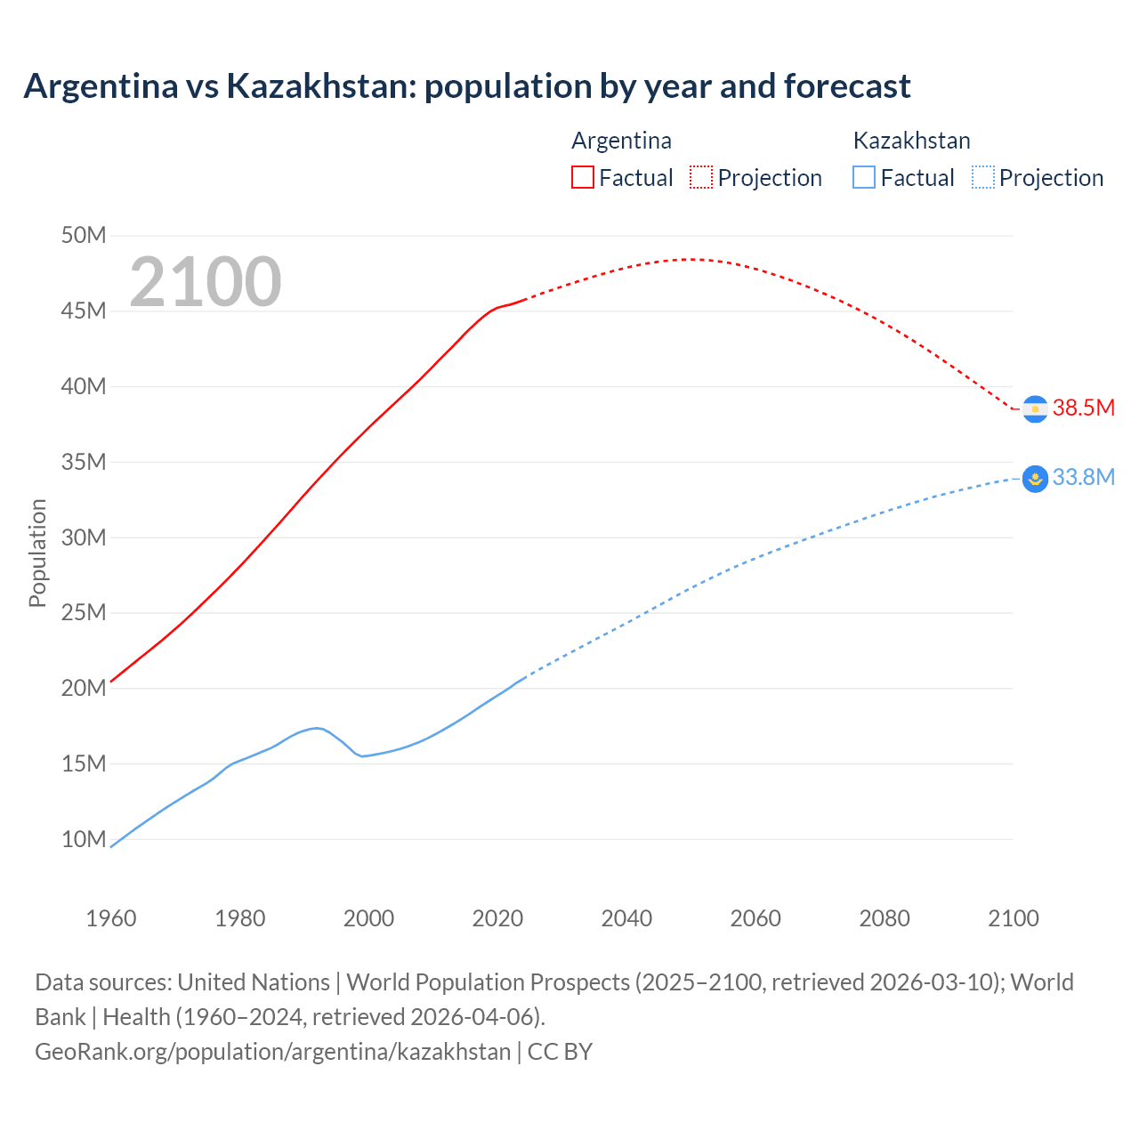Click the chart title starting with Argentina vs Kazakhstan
point(466,86)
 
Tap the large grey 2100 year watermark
point(206,282)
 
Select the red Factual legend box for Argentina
point(582,178)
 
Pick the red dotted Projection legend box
point(701,178)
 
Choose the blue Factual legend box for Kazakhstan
point(864,178)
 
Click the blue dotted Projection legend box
point(982,178)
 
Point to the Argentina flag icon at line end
point(1035,408)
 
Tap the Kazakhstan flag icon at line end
point(1035,479)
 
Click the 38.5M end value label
point(1083,408)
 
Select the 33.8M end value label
point(1083,478)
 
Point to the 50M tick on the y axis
point(84,236)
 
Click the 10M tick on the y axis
point(84,839)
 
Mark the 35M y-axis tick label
point(84,462)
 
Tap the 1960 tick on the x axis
point(111,918)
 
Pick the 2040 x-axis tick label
point(626,918)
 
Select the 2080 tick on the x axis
point(885,918)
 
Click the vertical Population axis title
point(37,553)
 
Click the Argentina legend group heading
point(621,141)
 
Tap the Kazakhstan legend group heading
point(911,141)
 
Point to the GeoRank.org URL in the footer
point(272,1052)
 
